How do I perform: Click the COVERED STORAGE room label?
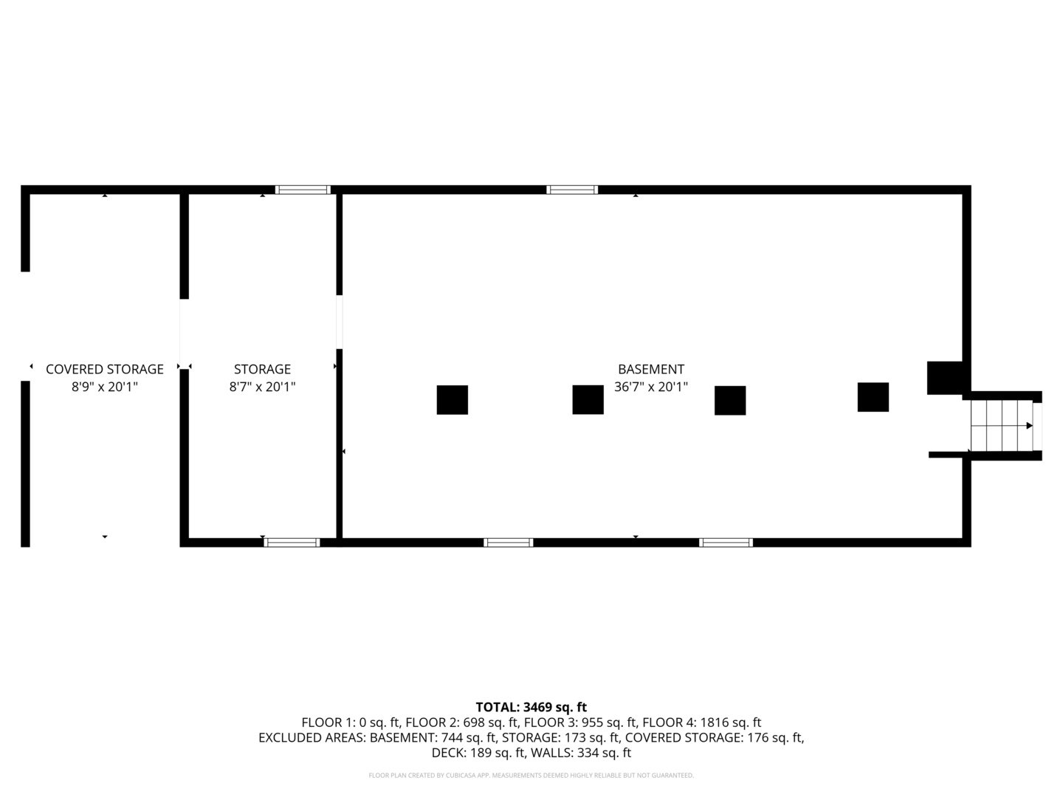pos(105,369)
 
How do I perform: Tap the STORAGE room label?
pos(262,369)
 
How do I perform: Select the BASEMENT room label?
pos(651,369)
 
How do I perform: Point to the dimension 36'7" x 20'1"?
pos(651,387)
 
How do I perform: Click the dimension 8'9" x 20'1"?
pos(105,387)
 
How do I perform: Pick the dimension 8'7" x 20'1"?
pos(262,387)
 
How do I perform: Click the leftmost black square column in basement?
pos(453,400)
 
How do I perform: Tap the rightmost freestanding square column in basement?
pos(873,397)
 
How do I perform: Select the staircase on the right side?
pos(1002,426)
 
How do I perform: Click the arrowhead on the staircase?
pos(1030,426)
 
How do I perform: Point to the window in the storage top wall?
pos(303,190)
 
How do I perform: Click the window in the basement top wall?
pos(572,190)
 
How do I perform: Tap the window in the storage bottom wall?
pos(292,542)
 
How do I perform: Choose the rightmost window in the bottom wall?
pos(726,542)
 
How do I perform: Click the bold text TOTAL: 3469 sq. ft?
pos(531,707)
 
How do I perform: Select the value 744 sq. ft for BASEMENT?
pos(468,737)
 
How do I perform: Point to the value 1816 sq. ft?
pos(730,722)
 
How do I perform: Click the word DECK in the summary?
pos(446,753)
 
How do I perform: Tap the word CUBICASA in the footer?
pos(460,775)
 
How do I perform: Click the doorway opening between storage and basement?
pos(340,322)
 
